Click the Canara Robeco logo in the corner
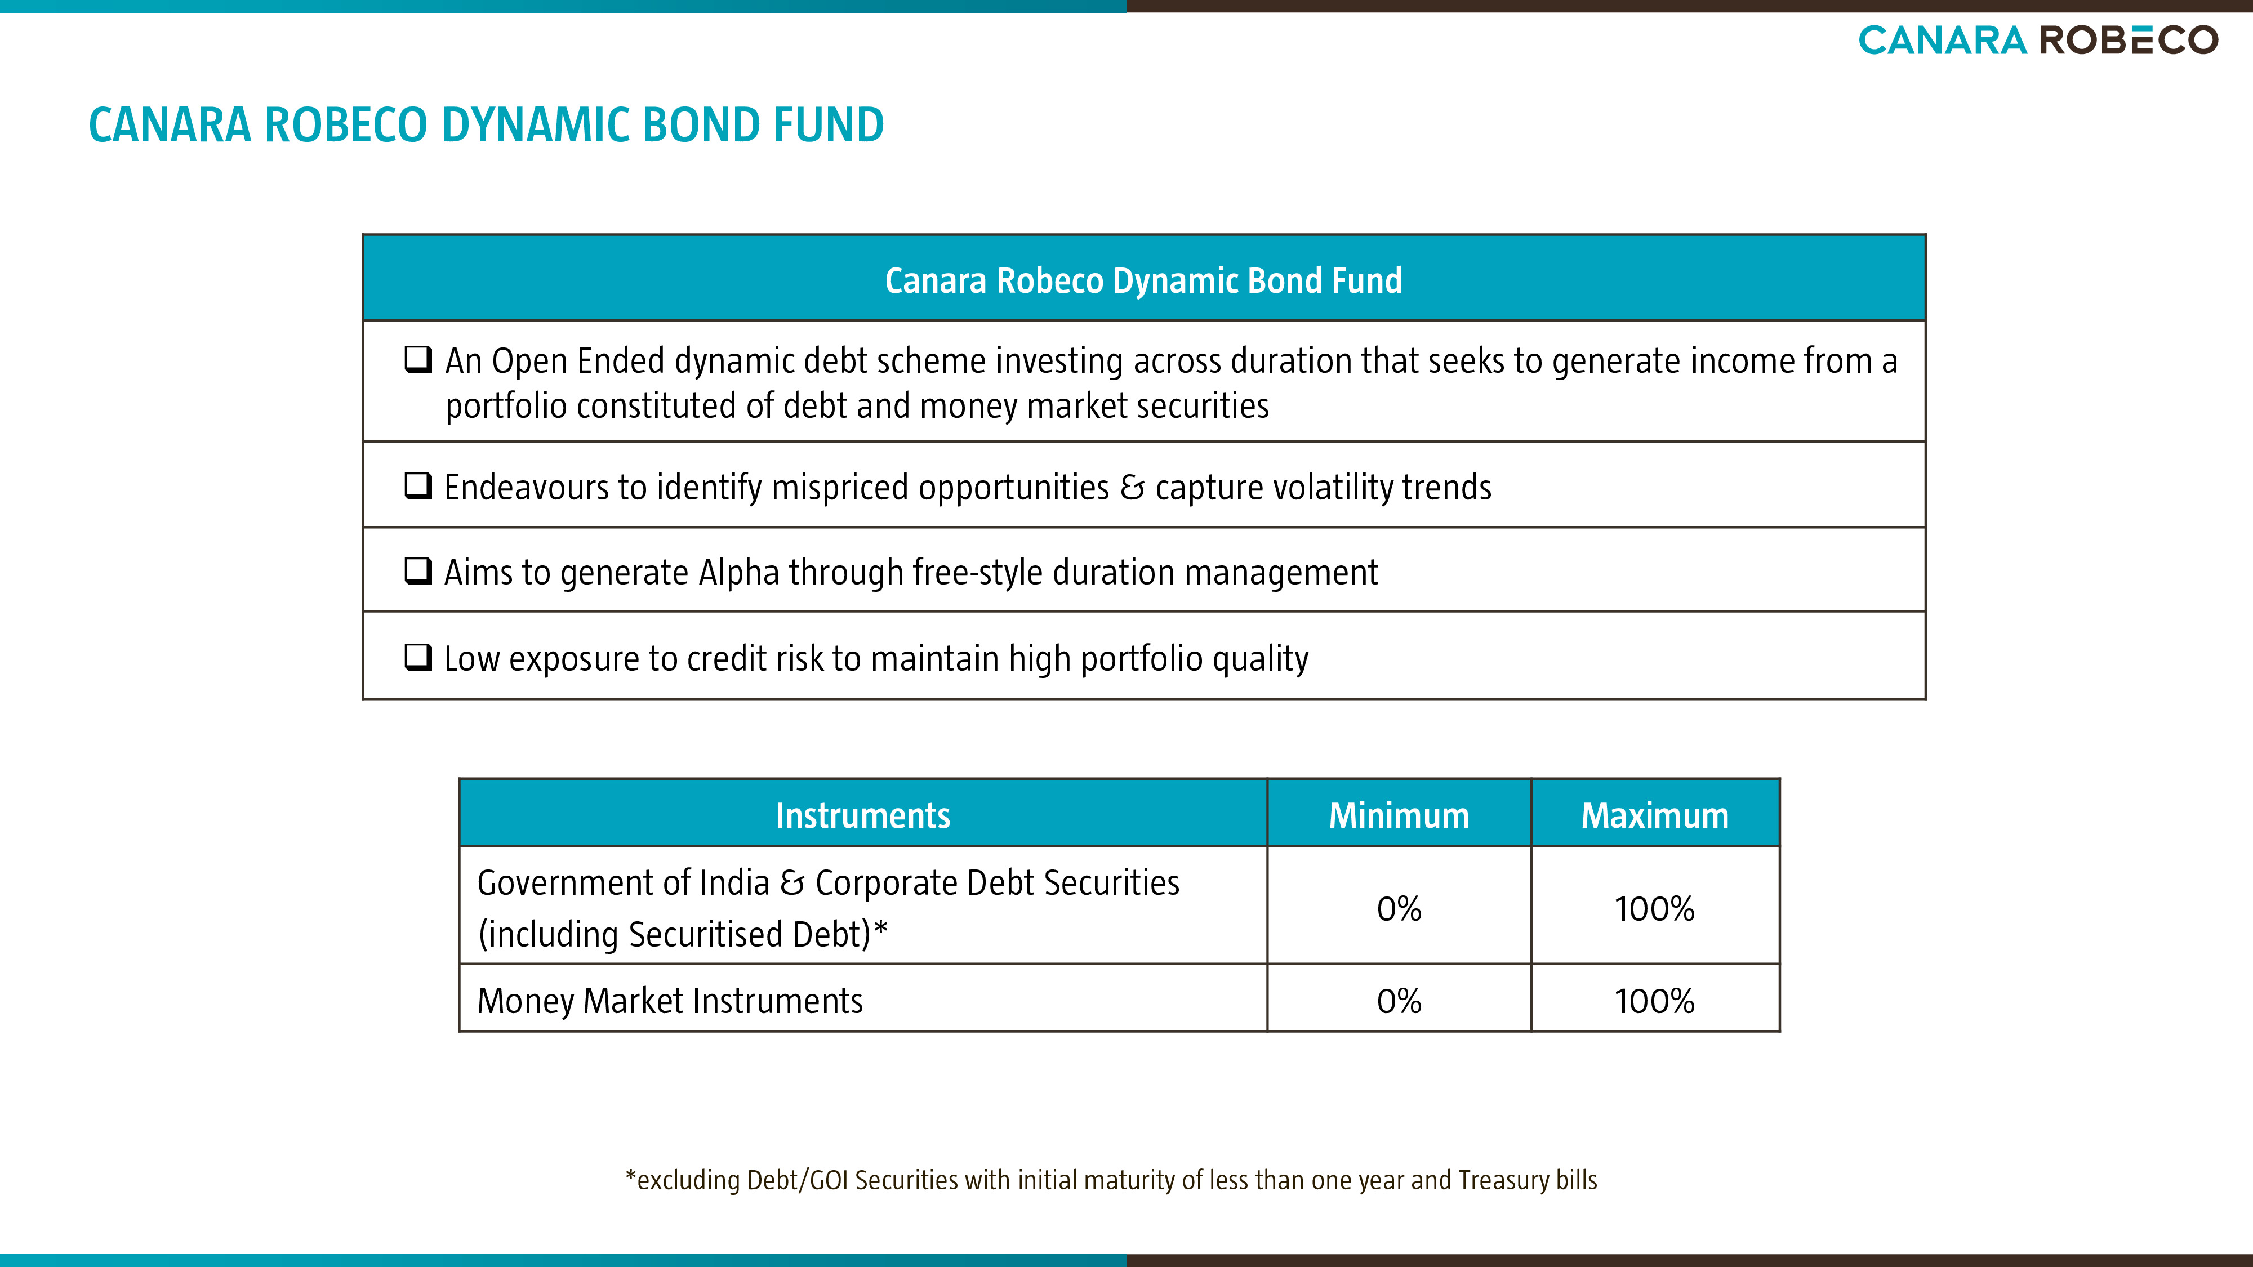tap(2038, 40)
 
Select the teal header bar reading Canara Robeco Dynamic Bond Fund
tap(1144, 278)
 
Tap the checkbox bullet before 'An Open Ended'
tap(418, 359)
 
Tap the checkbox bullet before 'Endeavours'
tap(418, 485)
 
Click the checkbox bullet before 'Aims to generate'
tap(418, 571)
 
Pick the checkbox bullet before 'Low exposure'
tap(418, 656)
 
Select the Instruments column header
tap(863, 814)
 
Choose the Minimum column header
tap(1399, 814)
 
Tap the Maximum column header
tap(1655, 814)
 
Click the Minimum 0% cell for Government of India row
tap(1399, 908)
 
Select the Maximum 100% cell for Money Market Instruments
tap(1655, 1000)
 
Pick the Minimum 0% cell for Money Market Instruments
tap(1399, 1000)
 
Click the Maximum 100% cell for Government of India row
tap(1655, 908)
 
